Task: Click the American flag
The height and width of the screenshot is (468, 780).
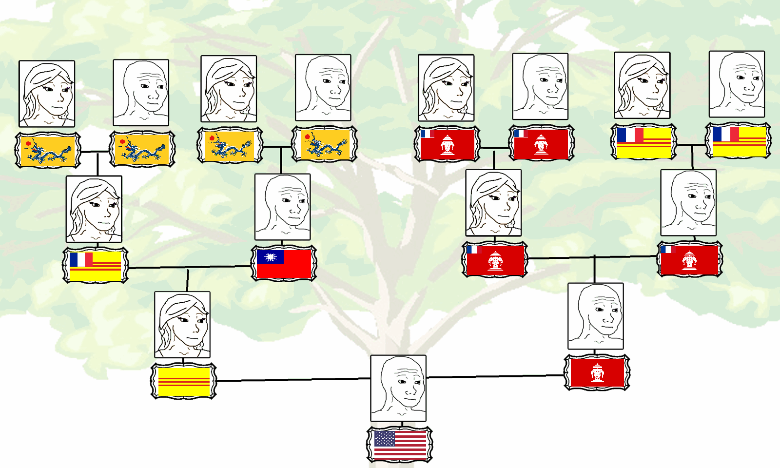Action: click(400, 445)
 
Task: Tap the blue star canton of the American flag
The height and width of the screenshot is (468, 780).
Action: click(384, 439)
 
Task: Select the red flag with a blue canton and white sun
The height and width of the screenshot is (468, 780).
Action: click(284, 264)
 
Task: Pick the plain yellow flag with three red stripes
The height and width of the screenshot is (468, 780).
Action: click(184, 381)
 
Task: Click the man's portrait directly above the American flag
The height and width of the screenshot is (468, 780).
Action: click(398, 388)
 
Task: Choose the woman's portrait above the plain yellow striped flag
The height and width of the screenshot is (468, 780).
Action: click(182, 325)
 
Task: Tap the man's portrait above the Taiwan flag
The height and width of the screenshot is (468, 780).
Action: click(282, 207)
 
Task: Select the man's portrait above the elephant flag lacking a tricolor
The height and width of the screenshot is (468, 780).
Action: click(596, 316)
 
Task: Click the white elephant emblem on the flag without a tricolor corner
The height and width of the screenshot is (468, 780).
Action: click(597, 373)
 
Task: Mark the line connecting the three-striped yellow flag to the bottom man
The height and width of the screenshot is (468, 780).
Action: click(292, 379)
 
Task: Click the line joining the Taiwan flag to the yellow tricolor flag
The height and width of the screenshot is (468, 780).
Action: click(190, 267)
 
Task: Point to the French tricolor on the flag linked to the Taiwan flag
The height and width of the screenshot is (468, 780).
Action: click(81, 259)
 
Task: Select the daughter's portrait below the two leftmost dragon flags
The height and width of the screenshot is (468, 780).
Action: click(94, 209)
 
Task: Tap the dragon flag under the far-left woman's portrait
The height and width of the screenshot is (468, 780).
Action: click(47, 150)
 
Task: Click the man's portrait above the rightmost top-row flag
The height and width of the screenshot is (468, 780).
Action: click(737, 84)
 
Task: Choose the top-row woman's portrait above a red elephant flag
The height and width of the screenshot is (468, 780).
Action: click(446, 88)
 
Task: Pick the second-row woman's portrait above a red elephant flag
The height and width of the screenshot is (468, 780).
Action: click(493, 203)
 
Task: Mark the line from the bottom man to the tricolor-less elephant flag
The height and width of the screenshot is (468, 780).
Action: click(495, 376)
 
